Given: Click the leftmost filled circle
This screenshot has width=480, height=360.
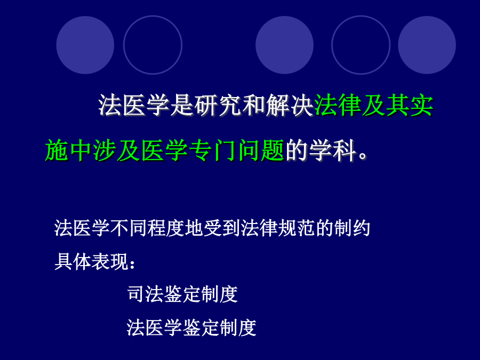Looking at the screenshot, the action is [x=85, y=45].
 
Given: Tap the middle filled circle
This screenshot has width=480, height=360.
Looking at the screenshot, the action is [x=284, y=45].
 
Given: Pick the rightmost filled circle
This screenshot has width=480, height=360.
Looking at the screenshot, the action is [x=427, y=45].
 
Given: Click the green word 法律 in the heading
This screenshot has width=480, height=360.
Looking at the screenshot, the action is [x=338, y=105].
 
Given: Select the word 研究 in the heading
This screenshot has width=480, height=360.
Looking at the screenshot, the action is [x=218, y=105].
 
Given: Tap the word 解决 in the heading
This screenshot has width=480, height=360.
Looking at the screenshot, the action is [x=290, y=105].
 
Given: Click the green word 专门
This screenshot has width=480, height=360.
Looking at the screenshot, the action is [x=212, y=150].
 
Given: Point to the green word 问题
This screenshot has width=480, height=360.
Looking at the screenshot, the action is [x=260, y=150].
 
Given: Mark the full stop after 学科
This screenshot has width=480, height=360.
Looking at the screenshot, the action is [x=363, y=155].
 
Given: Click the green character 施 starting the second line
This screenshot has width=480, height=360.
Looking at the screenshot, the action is [x=57, y=150].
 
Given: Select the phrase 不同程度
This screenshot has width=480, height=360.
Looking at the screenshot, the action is [x=148, y=228].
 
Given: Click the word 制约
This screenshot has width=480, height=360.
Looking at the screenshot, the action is [x=353, y=228].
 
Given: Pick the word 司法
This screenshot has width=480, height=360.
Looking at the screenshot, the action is [x=146, y=294].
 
